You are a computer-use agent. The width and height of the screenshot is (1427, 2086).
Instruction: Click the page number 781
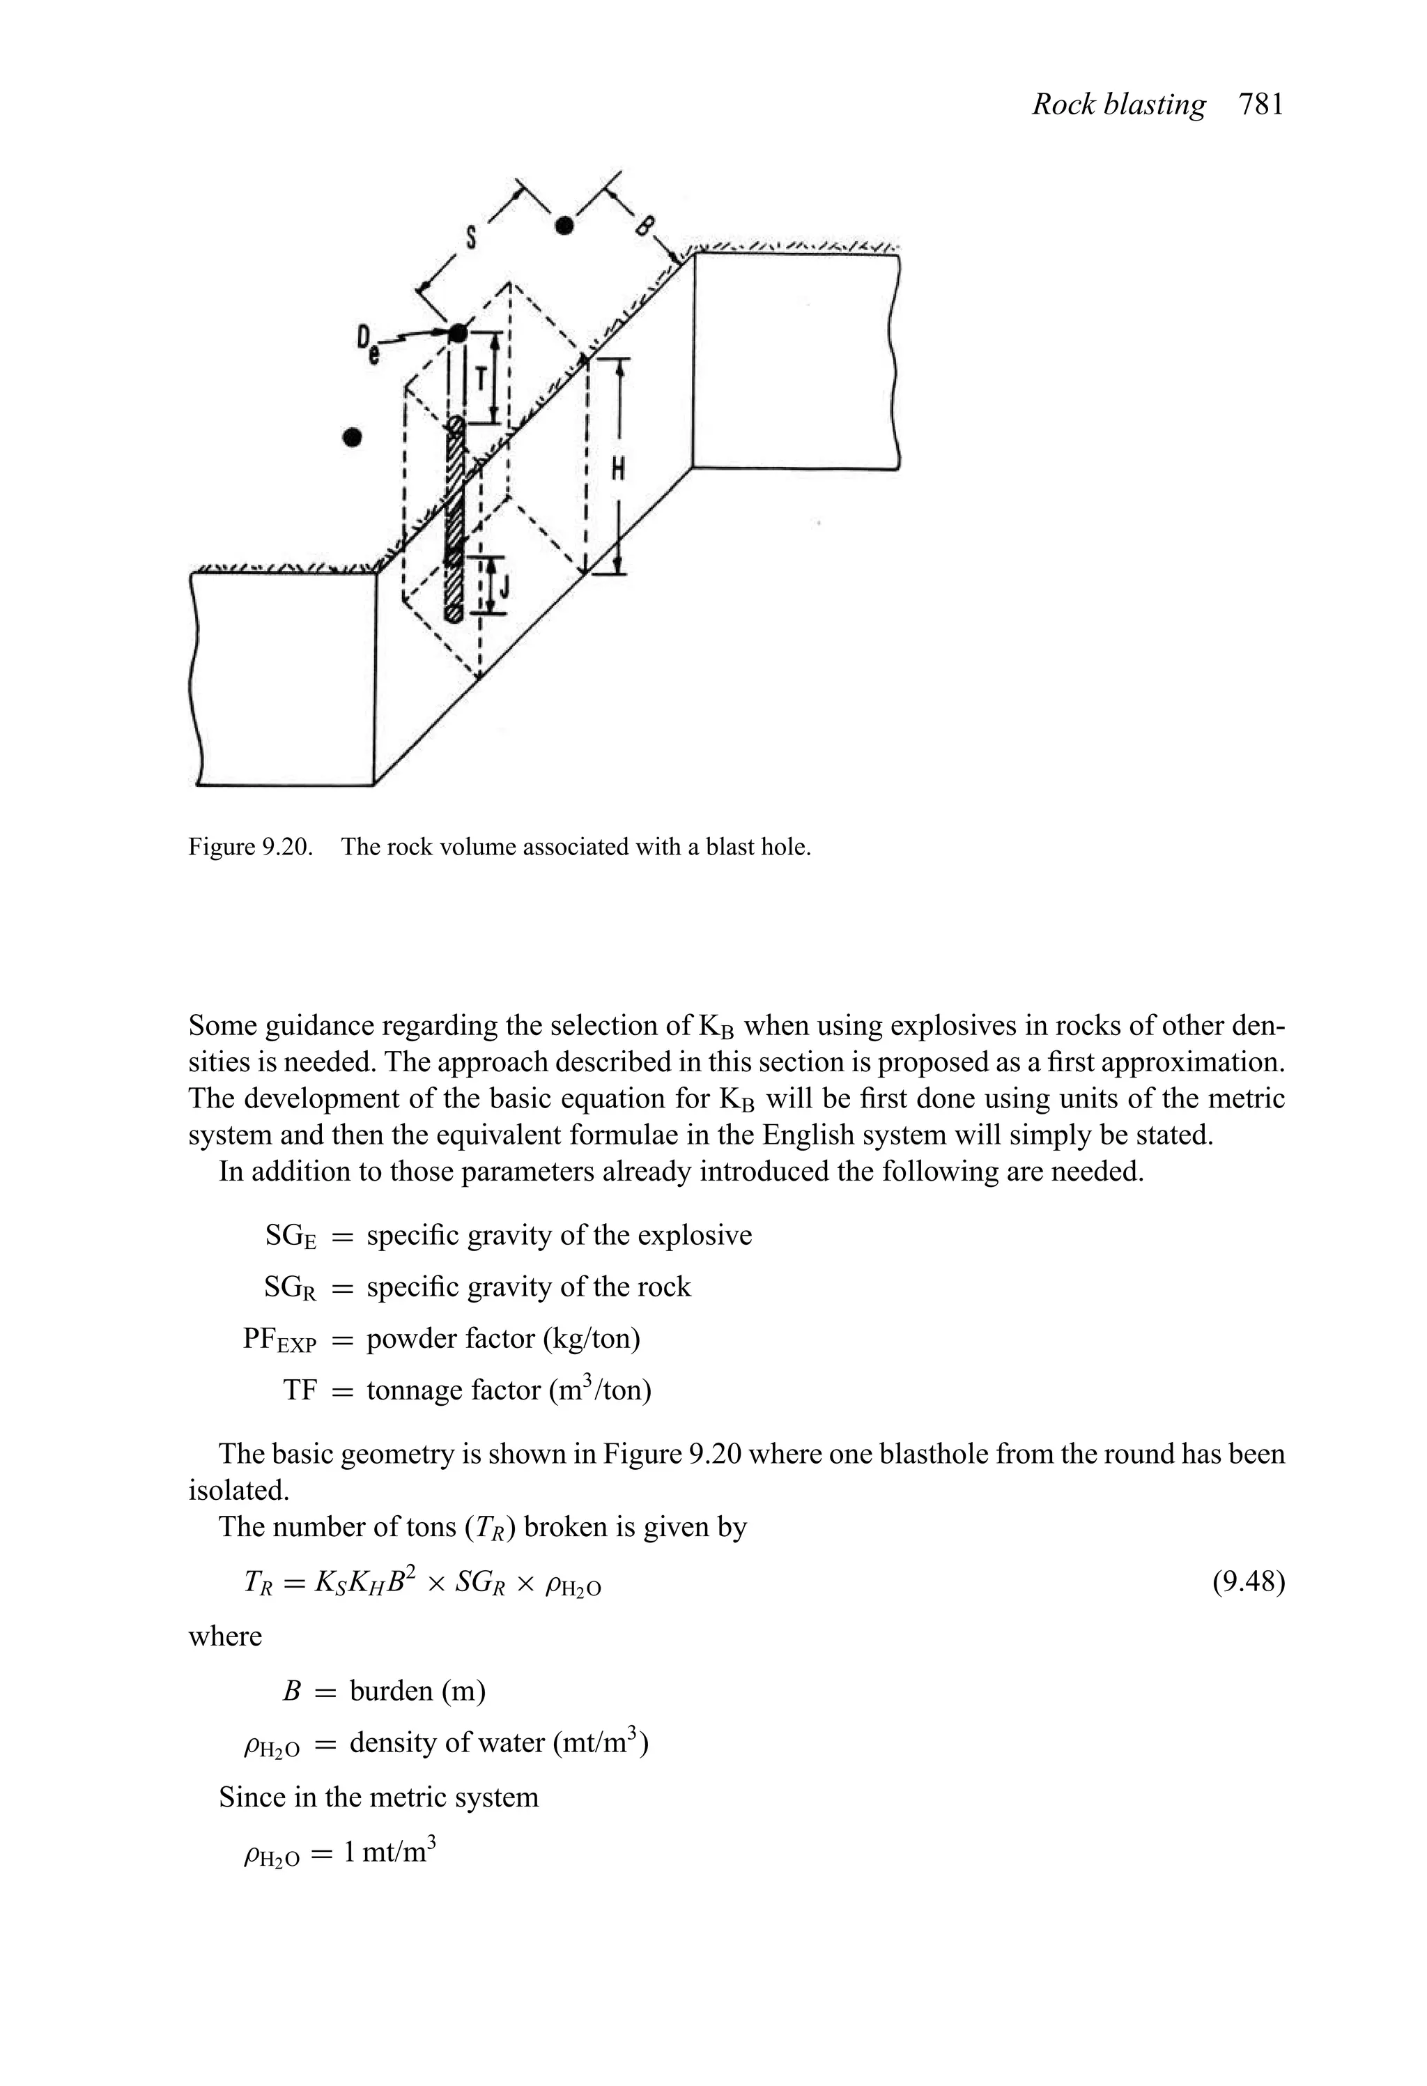click(1261, 105)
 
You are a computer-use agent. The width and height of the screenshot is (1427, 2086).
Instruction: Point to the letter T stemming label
click(481, 378)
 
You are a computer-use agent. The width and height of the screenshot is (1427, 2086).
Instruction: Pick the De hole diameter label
click(367, 342)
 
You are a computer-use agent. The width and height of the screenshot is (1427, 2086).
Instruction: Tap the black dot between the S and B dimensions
click(564, 225)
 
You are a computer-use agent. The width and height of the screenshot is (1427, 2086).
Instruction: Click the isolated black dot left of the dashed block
click(353, 437)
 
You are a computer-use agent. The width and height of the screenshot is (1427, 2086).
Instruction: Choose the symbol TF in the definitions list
click(300, 1390)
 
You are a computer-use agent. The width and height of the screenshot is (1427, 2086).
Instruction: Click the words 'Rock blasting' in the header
click(1118, 105)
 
